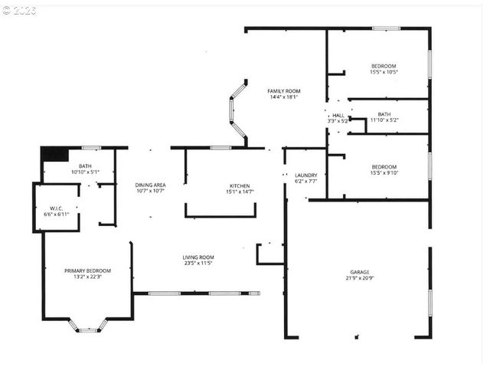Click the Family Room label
[283, 91]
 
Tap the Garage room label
[360, 272]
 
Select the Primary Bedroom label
[87, 270]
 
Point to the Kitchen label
[240, 186]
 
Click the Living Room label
[198, 257]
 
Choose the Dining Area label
[150, 185]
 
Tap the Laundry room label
[305, 175]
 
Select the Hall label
[338, 115]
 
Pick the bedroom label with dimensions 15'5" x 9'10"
[384, 167]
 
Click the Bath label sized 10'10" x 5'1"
[85, 166]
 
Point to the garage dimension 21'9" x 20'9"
[360, 279]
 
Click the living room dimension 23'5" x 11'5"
[198, 264]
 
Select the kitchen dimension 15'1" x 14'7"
[240, 192]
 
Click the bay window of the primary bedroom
[89, 327]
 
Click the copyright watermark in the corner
[19, 11]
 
